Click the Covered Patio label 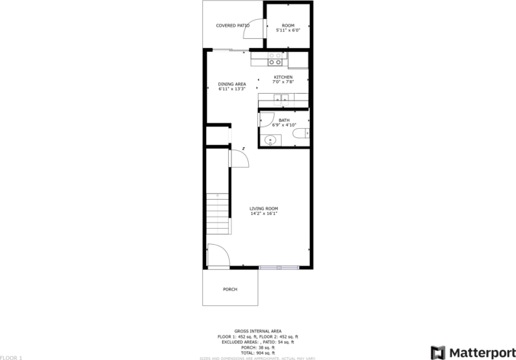pos(232,25)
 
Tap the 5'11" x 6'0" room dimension pos(287,31)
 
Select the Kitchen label pos(283,77)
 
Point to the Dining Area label pos(231,84)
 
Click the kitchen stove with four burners pos(276,59)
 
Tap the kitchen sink pos(282,98)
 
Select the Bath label pos(283,120)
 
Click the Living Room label pos(264,208)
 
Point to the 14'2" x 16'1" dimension pos(264,214)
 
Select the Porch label pos(230,289)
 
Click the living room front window pos(279,267)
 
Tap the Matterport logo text pos(481,352)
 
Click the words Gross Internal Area pos(258,331)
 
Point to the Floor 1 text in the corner pos(11,357)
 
